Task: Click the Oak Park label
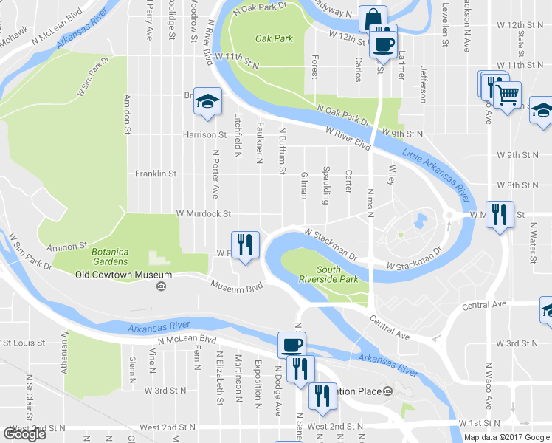[274, 38]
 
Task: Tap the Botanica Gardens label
[111, 256]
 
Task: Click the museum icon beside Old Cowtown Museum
[160, 287]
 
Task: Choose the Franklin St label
[156, 174]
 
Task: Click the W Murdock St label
[204, 214]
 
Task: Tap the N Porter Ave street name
[215, 175]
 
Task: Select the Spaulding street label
[325, 180]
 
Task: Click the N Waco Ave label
[488, 385]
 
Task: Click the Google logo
[24, 434]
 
